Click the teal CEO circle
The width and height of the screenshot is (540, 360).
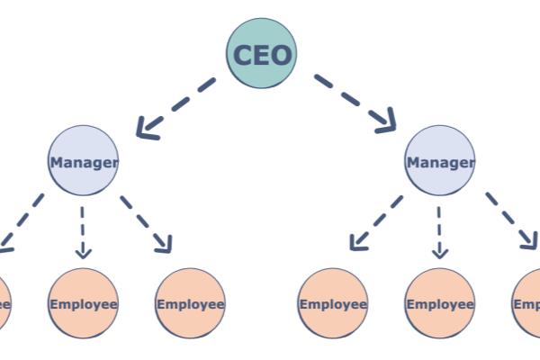pos(261,53)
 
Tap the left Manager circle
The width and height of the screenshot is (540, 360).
pos(83,161)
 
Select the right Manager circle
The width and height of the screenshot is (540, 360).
pos(439,161)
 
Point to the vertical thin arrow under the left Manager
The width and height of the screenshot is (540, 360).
pos(83,229)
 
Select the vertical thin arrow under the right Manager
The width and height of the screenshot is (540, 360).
pos(439,229)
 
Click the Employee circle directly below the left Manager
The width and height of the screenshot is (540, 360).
pos(83,303)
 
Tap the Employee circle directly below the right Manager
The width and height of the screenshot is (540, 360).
pos(439,303)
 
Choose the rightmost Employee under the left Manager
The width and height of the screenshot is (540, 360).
pos(190,303)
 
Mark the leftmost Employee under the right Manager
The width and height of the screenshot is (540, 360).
pos(332,303)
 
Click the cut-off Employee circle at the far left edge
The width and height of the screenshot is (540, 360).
pos(4,303)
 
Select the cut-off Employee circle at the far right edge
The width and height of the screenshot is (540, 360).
pos(529,303)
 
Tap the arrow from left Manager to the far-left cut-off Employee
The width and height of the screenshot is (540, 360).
pos(22,220)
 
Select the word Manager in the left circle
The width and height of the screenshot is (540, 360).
pos(83,163)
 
